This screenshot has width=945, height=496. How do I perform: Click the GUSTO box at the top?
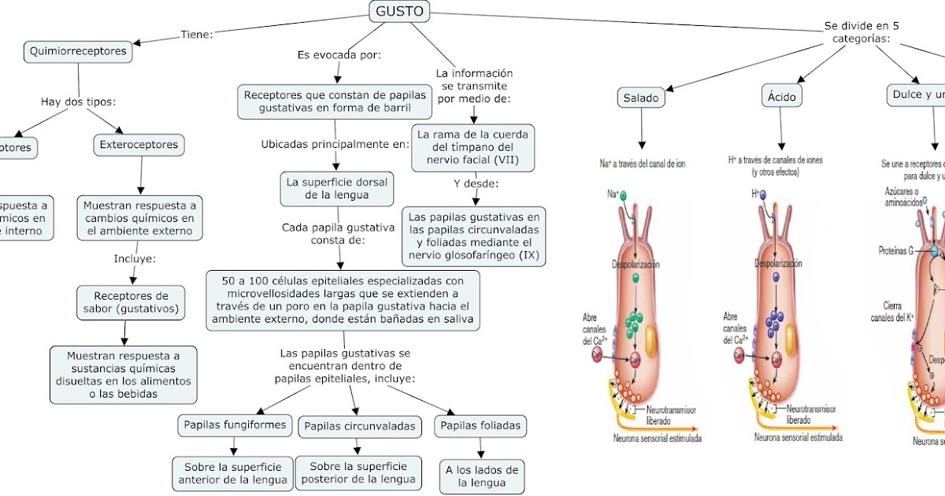(399, 11)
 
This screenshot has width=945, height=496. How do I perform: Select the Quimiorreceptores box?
(77, 52)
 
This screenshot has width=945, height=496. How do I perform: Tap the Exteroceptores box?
(139, 145)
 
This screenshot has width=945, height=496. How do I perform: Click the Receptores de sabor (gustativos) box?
(131, 302)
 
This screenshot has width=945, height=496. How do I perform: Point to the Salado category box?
(641, 98)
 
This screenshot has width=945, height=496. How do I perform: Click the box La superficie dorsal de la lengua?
(338, 188)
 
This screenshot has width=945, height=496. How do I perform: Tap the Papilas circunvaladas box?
(359, 426)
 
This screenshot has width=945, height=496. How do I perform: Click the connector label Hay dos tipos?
(78, 102)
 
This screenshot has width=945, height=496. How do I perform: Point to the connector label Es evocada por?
(339, 55)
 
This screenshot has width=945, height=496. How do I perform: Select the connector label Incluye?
(135, 258)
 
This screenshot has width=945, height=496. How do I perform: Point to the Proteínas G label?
(895, 250)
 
